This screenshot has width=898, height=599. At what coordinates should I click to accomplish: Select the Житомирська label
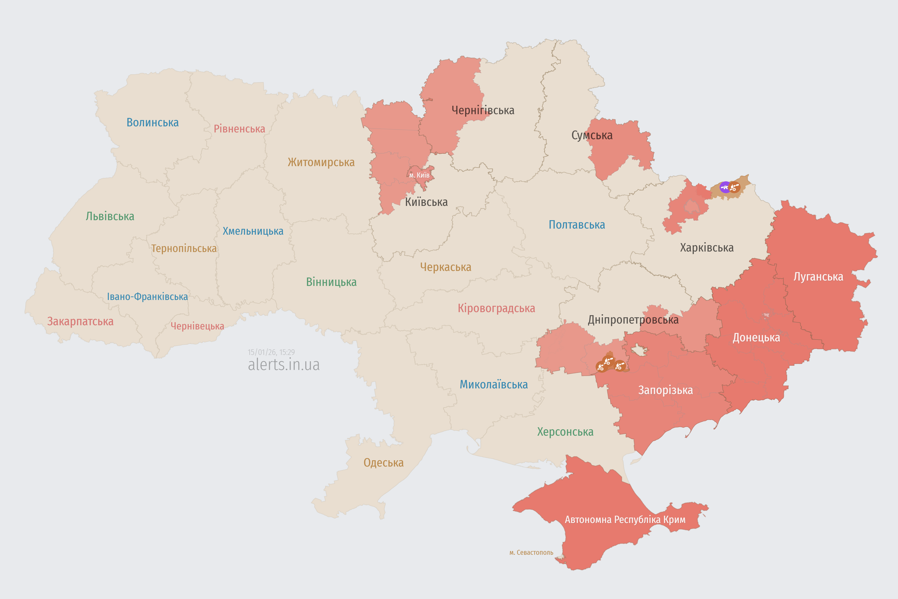coord(321,162)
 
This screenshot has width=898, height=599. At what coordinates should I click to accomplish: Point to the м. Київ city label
coord(419,175)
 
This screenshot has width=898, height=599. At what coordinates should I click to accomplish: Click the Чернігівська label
coord(483,110)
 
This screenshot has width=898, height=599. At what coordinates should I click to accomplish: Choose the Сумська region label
coord(592,135)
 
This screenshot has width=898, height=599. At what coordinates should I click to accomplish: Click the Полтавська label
coord(576,225)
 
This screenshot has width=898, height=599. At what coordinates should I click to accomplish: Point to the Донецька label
coord(756,338)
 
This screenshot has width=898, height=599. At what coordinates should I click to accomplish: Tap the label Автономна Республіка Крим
coord(625,519)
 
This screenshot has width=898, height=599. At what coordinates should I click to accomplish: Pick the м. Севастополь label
coord(531,552)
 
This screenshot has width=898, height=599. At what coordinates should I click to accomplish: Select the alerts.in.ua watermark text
coord(284,365)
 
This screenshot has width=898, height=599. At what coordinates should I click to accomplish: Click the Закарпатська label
coord(80,321)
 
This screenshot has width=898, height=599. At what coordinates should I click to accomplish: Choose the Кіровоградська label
coord(496,308)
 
